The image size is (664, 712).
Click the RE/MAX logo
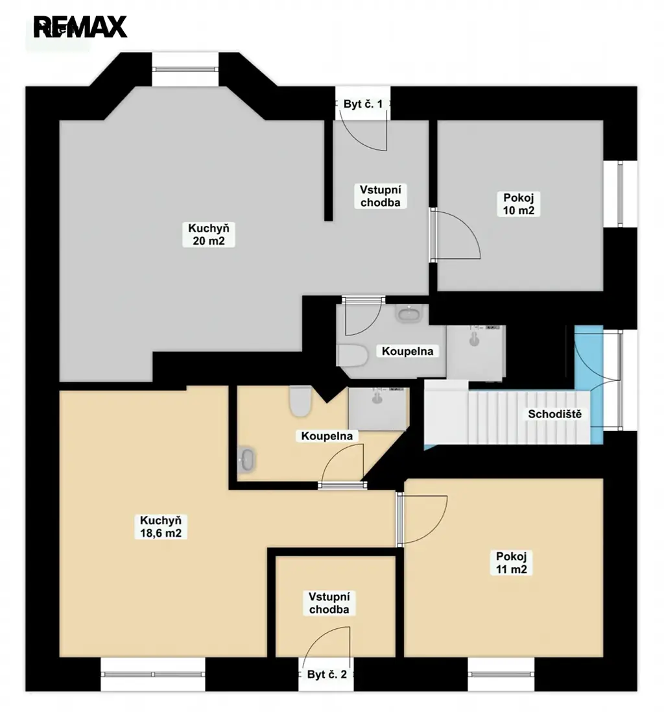pyautogui.click(x=80, y=27)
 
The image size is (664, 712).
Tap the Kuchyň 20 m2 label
pyautogui.click(x=209, y=234)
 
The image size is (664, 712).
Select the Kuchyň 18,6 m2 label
pyautogui.click(x=161, y=527)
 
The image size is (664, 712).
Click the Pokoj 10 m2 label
pyautogui.click(x=518, y=204)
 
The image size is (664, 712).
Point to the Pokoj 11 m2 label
pyautogui.click(x=511, y=563)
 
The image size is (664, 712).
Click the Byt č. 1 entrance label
pyautogui.click(x=363, y=104)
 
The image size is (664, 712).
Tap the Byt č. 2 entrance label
pyautogui.click(x=327, y=674)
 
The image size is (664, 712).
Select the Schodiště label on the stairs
pyautogui.click(x=554, y=413)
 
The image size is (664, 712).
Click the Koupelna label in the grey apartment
pyautogui.click(x=407, y=351)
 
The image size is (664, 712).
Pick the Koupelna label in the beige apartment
pyautogui.click(x=327, y=436)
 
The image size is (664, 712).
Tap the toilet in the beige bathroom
pyautogui.click(x=300, y=401)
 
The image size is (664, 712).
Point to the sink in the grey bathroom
pyautogui.click(x=410, y=313)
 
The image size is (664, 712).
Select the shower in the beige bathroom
pyautogui.click(x=379, y=409)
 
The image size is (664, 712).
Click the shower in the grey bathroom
pyautogui.click(x=476, y=352)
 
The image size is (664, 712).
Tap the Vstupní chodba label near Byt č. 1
pyautogui.click(x=380, y=196)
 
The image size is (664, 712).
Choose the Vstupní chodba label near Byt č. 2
pyautogui.click(x=329, y=603)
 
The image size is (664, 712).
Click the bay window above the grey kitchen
pyautogui.click(x=185, y=69)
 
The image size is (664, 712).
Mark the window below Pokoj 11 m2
pyautogui.click(x=501, y=674)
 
